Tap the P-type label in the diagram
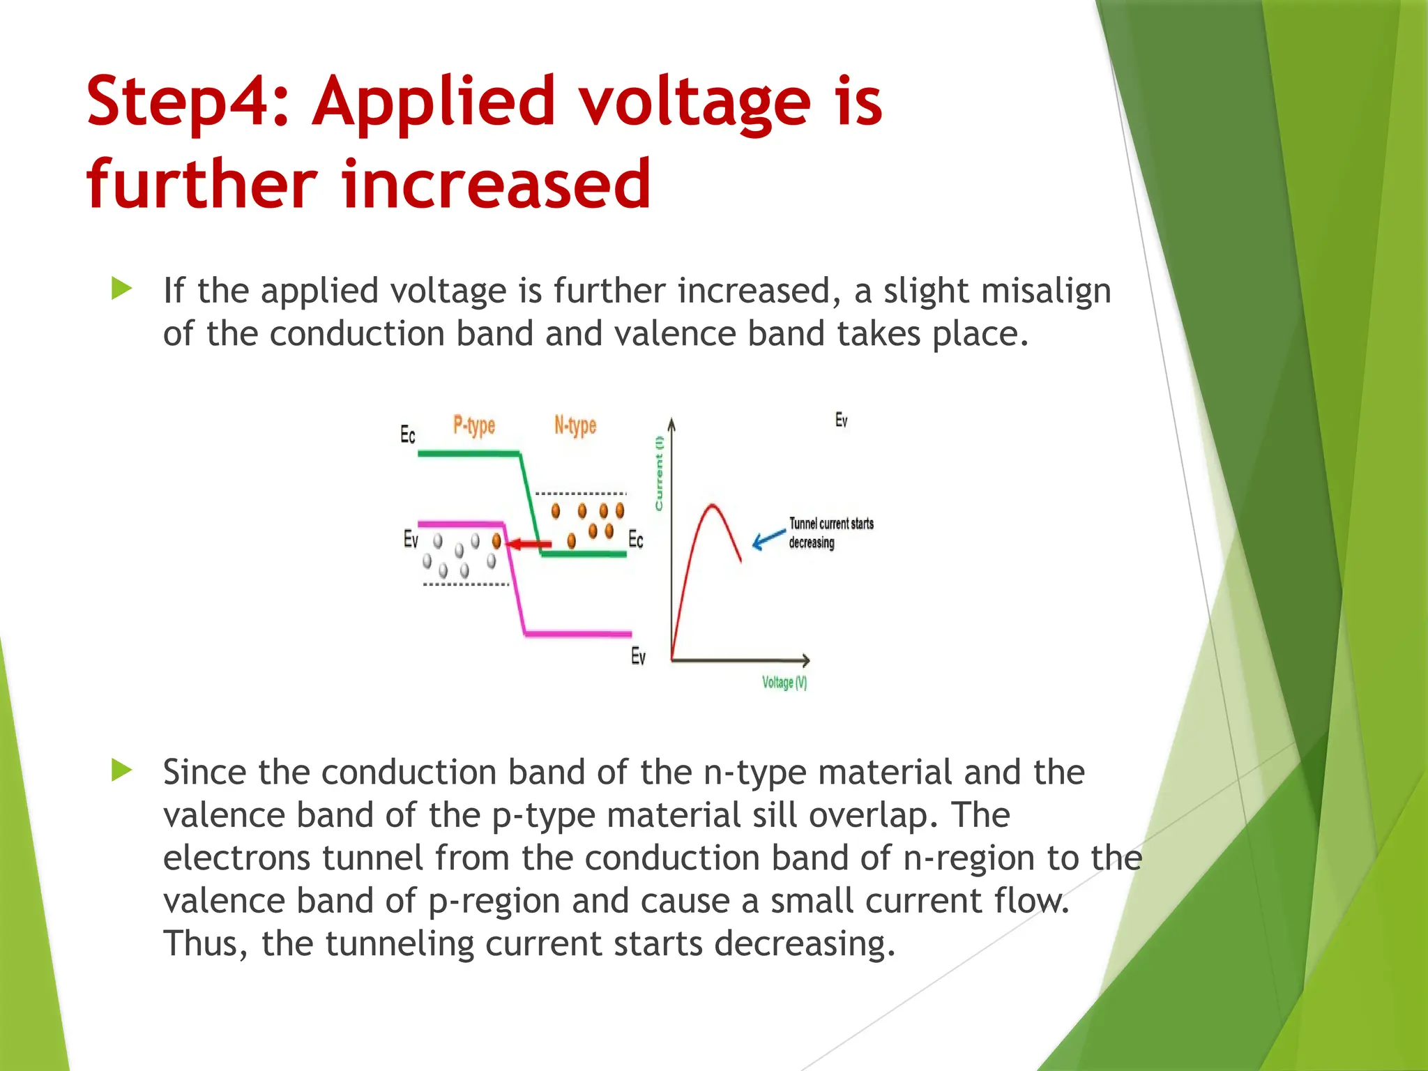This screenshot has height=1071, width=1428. [474, 425]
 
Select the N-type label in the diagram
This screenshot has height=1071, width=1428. [575, 425]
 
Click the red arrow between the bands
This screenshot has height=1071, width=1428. [529, 544]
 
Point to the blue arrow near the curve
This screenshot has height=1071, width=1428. [769, 538]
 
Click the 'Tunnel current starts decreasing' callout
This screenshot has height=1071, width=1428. [830, 533]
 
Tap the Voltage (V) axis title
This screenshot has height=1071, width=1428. [784, 683]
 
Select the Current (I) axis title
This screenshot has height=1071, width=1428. [659, 473]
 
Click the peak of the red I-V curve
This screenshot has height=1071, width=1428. [712, 505]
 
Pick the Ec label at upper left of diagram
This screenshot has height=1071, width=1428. [408, 435]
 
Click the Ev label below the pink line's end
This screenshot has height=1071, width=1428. [638, 656]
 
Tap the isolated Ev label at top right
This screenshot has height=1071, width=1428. [842, 420]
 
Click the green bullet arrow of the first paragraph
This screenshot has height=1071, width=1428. [121, 289]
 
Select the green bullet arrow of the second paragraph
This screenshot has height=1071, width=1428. [121, 770]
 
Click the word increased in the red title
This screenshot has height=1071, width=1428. [496, 184]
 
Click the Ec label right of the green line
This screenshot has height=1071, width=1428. [636, 539]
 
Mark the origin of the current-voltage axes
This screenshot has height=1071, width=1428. [671, 659]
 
